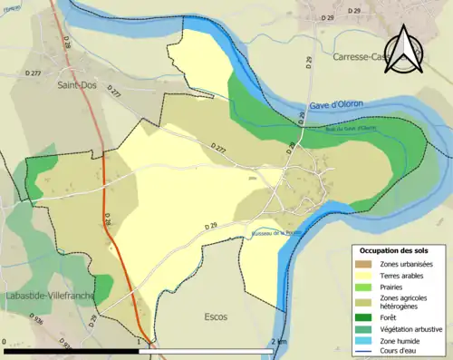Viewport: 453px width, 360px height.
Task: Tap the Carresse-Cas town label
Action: point(362,55)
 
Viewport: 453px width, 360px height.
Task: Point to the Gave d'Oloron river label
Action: point(336,104)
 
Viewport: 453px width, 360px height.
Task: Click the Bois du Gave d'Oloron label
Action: point(352,128)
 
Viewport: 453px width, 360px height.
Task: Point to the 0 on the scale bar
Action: point(5,342)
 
